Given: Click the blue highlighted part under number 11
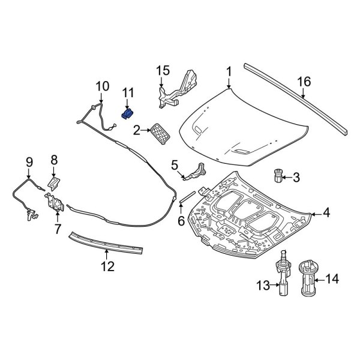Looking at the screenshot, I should pyautogui.click(x=127, y=114).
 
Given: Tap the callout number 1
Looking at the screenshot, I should pyautogui.click(x=229, y=73).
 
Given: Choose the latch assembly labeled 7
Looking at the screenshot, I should pyautogui.click(x=56, y=203).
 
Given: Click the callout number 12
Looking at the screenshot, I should pyautogui.click(x=107, y=267).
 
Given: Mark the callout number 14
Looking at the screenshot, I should pyautogui.click(x=332, y=278).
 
